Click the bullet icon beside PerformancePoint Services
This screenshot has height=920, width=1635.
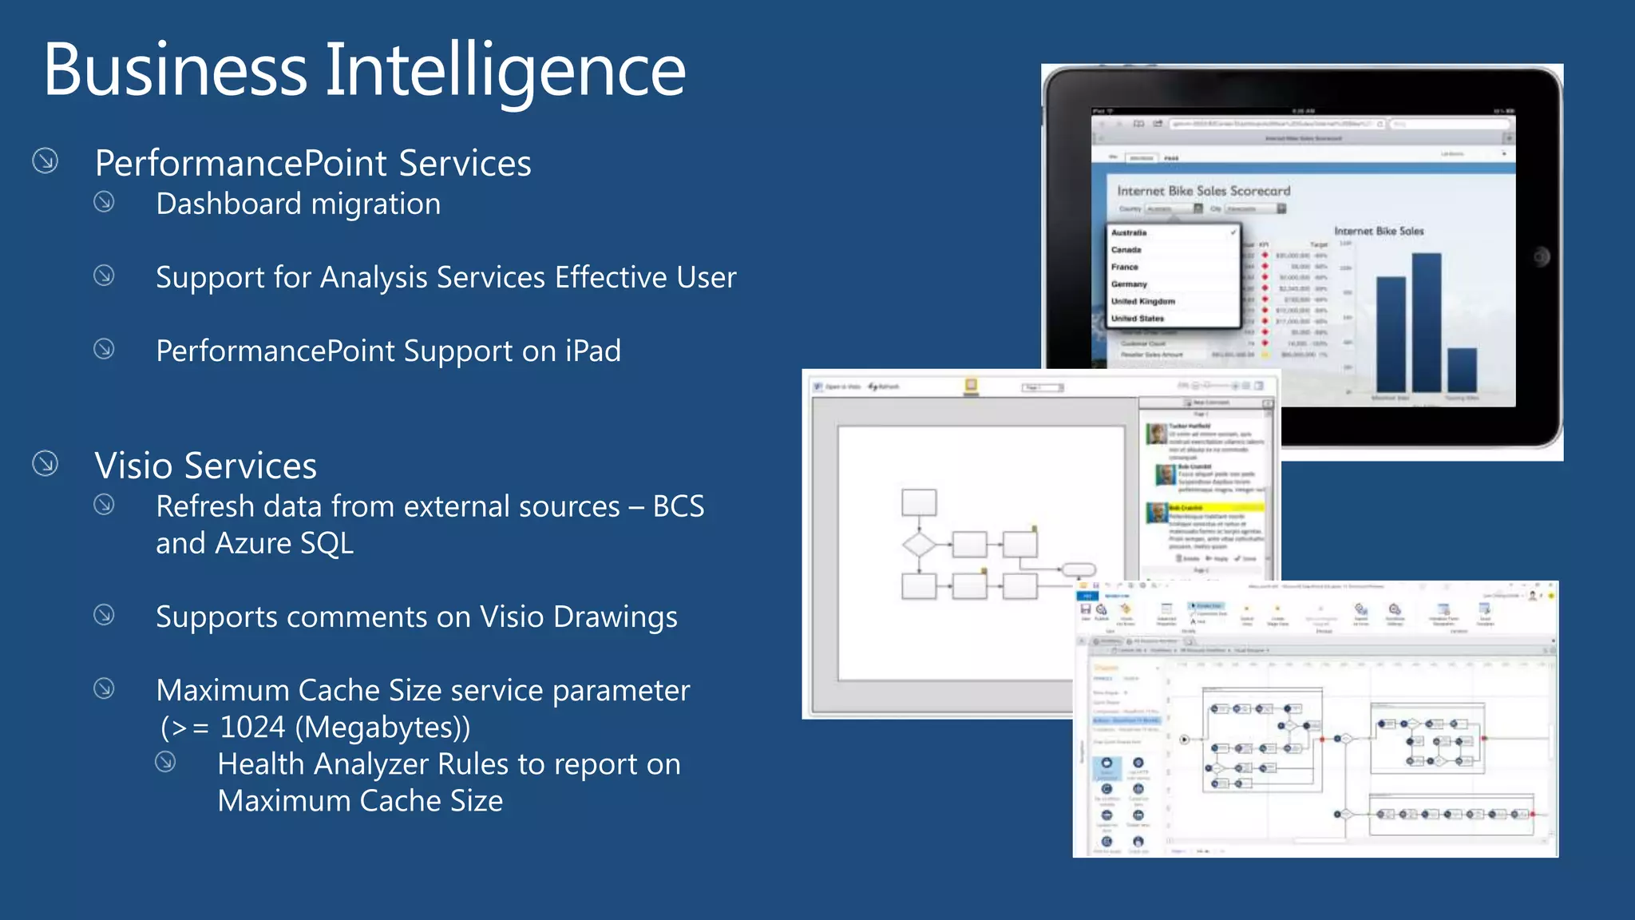tap(46, 161)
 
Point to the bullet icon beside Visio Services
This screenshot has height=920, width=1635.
tap(46, 463)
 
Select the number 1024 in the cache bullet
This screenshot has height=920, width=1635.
tap(252, 728)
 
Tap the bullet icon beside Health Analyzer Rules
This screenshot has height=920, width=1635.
tap(165, 762)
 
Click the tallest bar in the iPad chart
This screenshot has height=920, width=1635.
tap(1427, 322)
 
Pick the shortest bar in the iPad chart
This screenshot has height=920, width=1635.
tap(1462, 370)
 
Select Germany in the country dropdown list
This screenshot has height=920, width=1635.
tap(1129, 284)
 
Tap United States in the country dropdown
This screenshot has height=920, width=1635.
tap(1138, 319)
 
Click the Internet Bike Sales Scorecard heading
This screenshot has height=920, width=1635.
tap(1203, 191)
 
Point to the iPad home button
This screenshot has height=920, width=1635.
tap(1541, 256)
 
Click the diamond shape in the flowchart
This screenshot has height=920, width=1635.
tap(918, 545)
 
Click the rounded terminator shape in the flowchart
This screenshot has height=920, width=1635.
tap(1078, 569)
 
